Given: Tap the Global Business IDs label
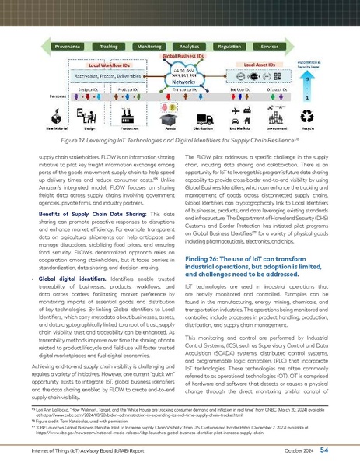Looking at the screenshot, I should pyautogui.click(x=181, y=57).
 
